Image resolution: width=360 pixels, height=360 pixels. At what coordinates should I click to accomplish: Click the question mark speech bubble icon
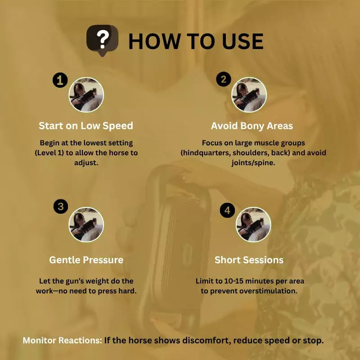point(103,40)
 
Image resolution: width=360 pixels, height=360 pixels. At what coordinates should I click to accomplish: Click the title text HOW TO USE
point(196,41)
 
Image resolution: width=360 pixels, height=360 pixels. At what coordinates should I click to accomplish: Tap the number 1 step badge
point(60,81)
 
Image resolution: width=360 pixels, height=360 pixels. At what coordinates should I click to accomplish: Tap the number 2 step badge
point(223,80)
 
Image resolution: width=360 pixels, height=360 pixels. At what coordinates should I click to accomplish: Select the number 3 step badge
point(61,207)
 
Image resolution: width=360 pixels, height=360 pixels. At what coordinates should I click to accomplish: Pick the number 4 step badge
point(227,210)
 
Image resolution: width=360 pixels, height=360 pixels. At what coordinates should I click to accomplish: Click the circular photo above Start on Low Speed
point(86,95)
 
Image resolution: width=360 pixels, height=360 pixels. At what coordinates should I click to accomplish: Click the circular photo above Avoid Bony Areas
point(249,95)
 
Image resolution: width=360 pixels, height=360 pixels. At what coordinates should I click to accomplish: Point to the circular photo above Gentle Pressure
point(86,225)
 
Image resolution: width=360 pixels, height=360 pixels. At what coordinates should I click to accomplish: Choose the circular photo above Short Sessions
point(253,225)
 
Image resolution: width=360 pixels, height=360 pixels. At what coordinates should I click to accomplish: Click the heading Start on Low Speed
point(86,126)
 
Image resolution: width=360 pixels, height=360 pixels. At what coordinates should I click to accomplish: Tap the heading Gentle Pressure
point(86,260)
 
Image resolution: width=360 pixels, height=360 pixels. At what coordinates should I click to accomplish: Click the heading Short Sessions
point(249,260)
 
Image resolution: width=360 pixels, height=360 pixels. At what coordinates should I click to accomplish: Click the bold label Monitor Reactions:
point(62,341)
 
